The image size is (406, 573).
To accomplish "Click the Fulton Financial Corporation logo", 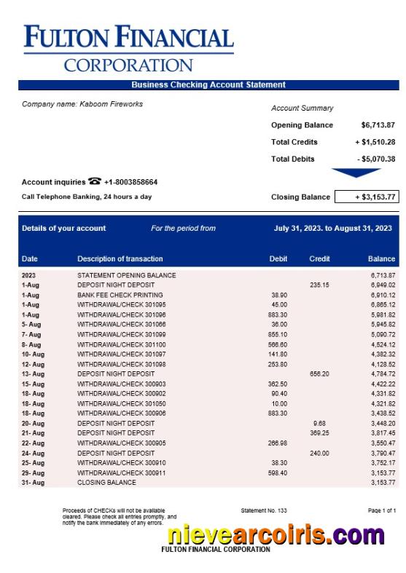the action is coord(128,48).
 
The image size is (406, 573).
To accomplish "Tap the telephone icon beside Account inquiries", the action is coord(94,181).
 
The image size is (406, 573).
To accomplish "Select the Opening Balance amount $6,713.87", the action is coord(378,125).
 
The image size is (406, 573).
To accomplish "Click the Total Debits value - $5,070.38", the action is coord(376,159).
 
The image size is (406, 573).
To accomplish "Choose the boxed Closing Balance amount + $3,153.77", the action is coord(367,197).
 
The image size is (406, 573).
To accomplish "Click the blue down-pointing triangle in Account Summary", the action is coord(356,173).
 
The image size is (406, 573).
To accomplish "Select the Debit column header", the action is coord(278,258).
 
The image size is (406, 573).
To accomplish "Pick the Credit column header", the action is coord(319,258).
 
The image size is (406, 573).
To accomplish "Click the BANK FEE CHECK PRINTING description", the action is coord(121,295).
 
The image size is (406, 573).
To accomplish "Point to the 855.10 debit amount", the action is coord(278,334).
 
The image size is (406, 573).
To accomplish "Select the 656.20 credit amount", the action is coord(319,374).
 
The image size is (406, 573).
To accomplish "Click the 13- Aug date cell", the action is coord(33,374).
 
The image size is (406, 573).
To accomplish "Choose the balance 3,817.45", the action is coord(382,432).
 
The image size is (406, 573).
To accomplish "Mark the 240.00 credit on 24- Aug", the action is coord(319,452).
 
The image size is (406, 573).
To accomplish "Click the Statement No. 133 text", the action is coord(264,510).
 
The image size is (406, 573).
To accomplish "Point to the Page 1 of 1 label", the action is coord(382,510).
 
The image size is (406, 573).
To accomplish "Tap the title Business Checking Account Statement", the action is coord(208,85).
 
